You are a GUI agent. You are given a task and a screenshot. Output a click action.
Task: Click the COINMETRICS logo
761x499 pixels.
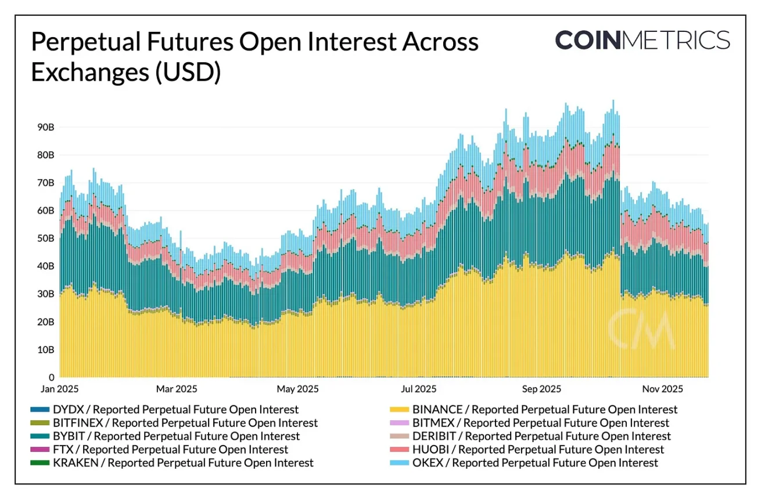coord(642,41)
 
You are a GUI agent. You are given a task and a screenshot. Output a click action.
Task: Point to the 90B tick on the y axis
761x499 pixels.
coord(46,127)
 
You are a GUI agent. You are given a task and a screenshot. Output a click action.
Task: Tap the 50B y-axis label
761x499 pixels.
coord(46,238)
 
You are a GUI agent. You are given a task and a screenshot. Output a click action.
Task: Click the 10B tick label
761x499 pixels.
coord(46,350)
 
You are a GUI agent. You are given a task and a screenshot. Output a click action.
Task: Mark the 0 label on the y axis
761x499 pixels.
coord(51,378)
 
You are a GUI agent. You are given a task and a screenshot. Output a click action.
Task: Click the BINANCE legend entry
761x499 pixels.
coord(544,410)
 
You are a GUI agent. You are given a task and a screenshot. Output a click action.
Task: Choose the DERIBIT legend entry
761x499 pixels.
coord(540,436)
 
